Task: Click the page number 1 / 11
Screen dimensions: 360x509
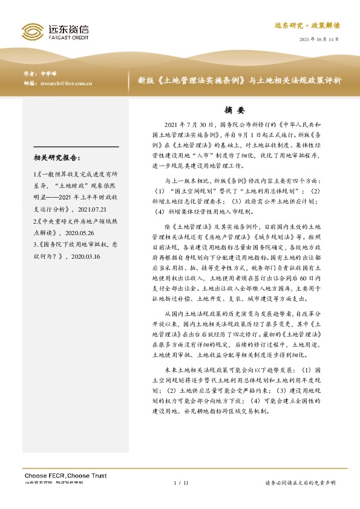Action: [181, 483]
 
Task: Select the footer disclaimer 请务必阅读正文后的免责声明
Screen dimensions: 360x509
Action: [300, 483]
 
